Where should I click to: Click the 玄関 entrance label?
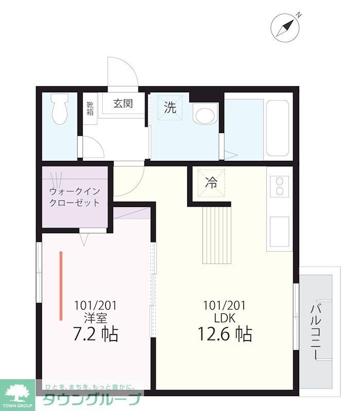pos(123,103)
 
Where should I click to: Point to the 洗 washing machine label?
pos(170,107)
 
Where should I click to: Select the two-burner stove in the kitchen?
pos(280,185)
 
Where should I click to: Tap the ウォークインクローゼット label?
pos(75,197)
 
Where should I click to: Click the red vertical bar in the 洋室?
pos(61,284)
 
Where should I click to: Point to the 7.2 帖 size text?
pos(96,334)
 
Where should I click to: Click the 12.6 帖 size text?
pos(225,334)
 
